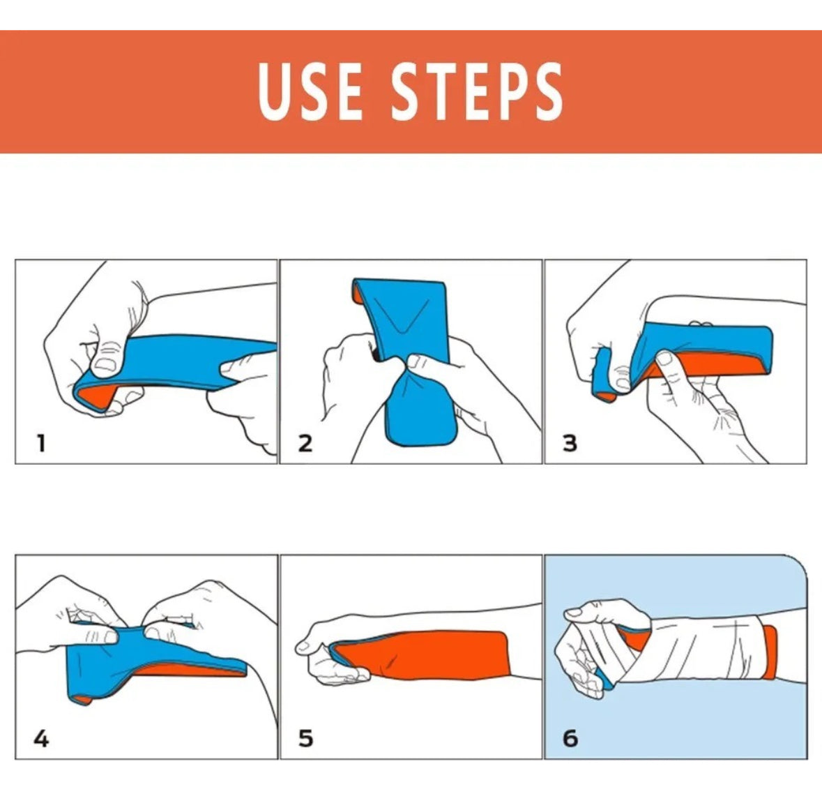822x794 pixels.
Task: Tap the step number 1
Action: pyautogui.click(x=41, y=444)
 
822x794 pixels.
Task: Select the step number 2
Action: pyautogui.click(x=305, y=444)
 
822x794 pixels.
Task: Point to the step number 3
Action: pyautogui.click(x=570, y=444)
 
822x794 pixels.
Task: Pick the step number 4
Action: pyautogui.click(x=41, y=739)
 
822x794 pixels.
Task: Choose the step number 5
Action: pyautogui.click(x=305, y=739)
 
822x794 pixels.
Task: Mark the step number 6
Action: pyautogui.click(x=570, y=739)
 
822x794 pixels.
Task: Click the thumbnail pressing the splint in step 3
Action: pyautogui.click(x=664, y=359)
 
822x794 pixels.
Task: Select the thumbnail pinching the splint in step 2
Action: pyautogui.click(x=413, y=361)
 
